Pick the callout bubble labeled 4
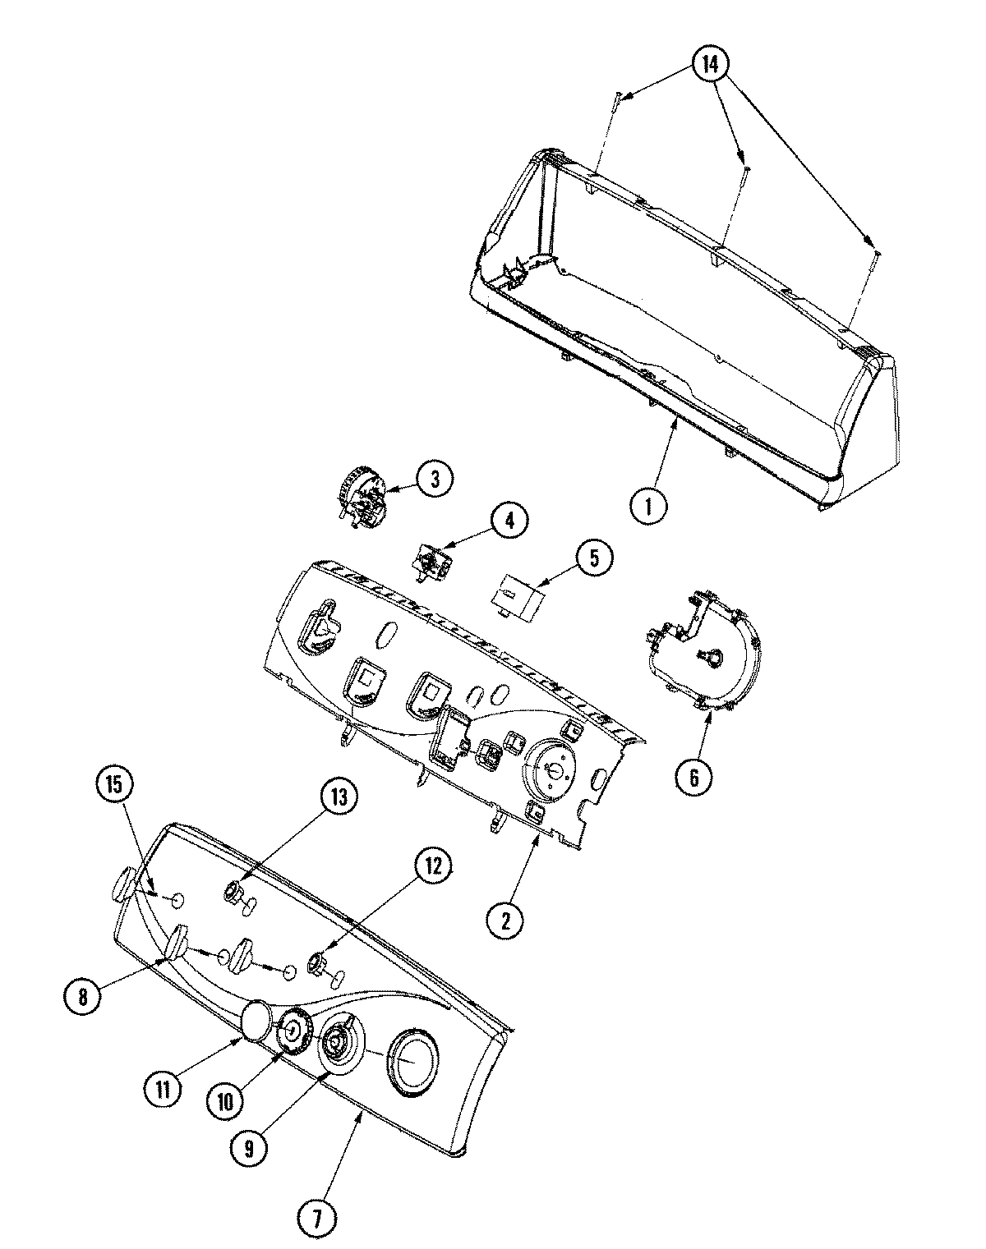coord(509,520)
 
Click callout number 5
coord(593,558)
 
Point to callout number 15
coord(114,785)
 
